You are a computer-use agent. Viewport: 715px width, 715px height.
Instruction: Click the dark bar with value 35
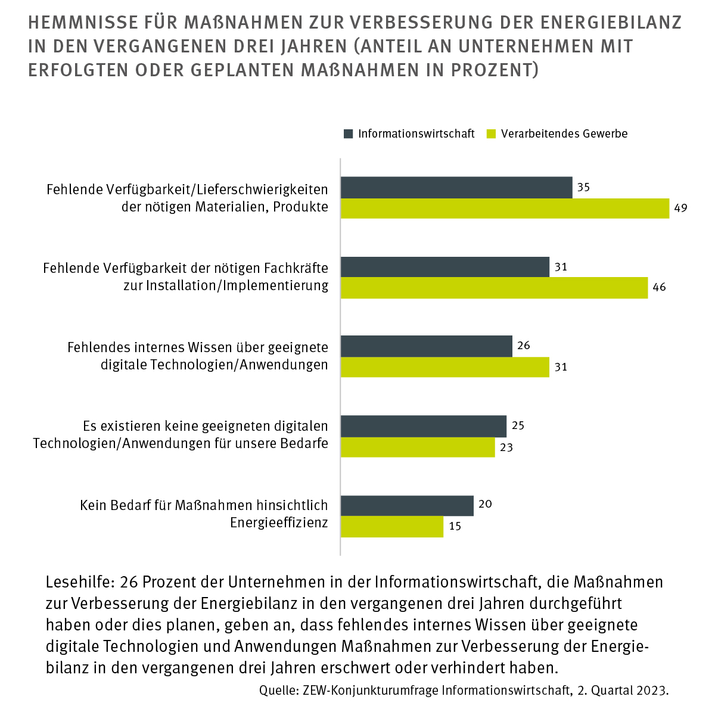456,187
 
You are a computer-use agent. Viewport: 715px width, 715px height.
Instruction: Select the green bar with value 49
505,209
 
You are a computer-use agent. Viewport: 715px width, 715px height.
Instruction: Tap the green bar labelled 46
494,288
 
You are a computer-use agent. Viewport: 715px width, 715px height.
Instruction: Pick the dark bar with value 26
426,346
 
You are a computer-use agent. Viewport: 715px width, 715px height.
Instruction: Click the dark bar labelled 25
423,426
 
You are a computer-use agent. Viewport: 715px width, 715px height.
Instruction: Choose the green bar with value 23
417,447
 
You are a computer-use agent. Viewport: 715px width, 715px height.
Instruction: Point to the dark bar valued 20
407,505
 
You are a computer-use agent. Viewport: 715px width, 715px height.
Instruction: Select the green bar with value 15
391,527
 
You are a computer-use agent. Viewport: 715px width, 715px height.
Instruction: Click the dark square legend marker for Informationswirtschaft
349,133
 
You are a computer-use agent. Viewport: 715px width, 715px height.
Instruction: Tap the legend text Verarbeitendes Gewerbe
564,133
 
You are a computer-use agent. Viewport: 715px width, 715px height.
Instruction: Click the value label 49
681,209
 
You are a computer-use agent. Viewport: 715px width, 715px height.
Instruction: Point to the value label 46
659,288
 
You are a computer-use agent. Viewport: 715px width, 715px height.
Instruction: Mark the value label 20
485,505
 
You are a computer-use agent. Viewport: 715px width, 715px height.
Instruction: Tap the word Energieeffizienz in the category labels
279,523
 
